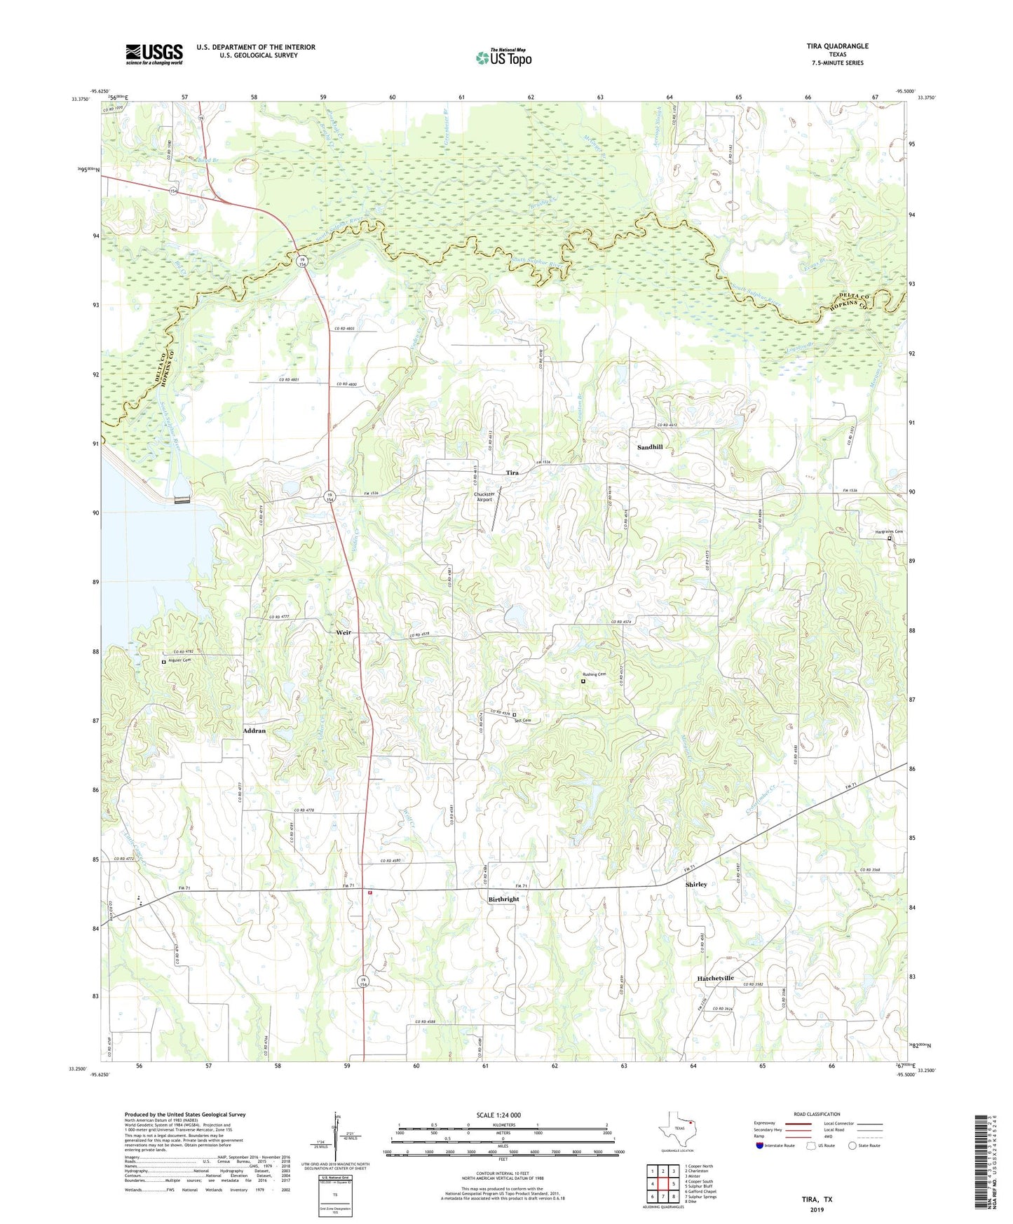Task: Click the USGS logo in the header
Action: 154,54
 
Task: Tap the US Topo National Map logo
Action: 503,57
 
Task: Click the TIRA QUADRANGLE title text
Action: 837,46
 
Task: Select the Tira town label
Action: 512,473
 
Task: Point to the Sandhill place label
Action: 650,447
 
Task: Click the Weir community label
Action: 344,632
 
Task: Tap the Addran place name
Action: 254,730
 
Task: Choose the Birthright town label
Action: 504,899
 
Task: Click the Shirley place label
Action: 696,885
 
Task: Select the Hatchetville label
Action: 715,978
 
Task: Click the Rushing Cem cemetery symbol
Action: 583,680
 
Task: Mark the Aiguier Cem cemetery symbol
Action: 164,662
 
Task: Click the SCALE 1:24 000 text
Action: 498,1115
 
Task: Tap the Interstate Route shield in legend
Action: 760,1145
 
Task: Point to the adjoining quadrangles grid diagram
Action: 662,1184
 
